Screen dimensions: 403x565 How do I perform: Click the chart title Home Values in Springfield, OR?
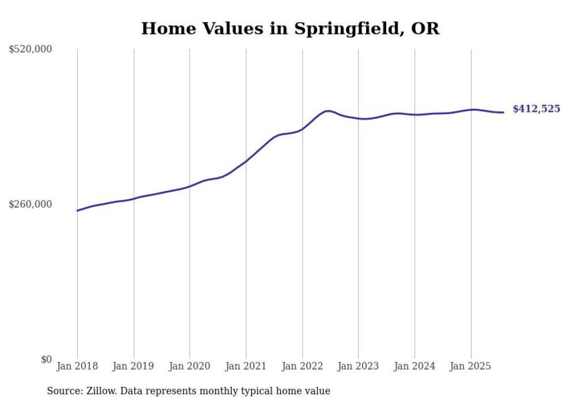[x=290, y=28]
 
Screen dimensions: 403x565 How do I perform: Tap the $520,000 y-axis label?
[x=31, y=50]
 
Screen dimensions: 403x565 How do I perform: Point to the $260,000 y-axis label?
[x=31, y=204]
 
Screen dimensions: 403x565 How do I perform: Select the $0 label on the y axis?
[x=46, y=359]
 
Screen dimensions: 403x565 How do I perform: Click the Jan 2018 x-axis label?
[x=77, y=366]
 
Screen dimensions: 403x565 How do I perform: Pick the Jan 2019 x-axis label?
[x=134, y=366]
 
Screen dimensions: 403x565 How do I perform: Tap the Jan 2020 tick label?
[x=190, y=366]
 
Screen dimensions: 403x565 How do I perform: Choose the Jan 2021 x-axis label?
[x=246, y=366]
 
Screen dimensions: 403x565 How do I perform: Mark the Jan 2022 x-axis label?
[x=302, y=366]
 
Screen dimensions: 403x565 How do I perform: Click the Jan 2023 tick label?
[x=358, y=366]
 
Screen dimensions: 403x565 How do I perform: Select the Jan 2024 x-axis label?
[x=415, y=366]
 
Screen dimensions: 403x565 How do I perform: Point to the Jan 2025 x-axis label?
[x=470, y=366]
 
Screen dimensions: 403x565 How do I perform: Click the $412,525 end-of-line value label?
[x=536, y=108]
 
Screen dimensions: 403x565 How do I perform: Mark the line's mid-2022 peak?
[x=328, y=111]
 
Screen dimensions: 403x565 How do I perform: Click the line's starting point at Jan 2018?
[x=77, y=210]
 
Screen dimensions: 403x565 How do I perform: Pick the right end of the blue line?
[x=504, y=112]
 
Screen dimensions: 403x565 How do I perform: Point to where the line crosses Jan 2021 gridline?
[x=246, y=161]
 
